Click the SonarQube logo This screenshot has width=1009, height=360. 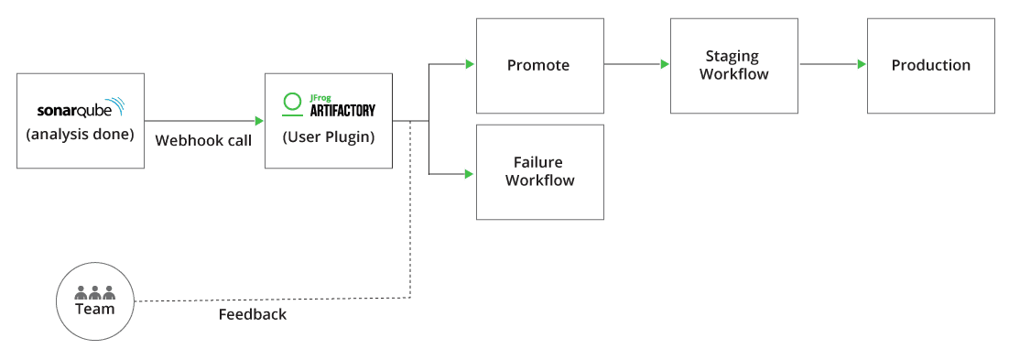click(81, 110)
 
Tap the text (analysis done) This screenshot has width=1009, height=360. click(81, 135)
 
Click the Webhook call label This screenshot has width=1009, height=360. click(203, 140)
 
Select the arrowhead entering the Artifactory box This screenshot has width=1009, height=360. click(259, 121)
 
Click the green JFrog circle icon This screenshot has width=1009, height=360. click(292, 102)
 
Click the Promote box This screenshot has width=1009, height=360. click(540, 65)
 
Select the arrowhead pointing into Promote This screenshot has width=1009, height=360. click(470, 64)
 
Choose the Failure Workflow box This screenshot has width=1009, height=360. click(540, 171)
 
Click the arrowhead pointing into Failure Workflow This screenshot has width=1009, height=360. click(470, 173)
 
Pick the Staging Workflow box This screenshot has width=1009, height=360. click(734, 65)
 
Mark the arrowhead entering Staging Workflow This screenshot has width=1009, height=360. click(665, 64)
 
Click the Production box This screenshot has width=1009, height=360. click(931, 65)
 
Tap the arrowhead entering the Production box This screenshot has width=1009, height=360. click(862, 64)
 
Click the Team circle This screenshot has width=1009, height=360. click(95, 301)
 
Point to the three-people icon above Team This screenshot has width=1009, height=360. click(95, 292)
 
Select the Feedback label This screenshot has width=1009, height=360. click(253, 314)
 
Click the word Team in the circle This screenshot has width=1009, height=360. click(95, 309)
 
